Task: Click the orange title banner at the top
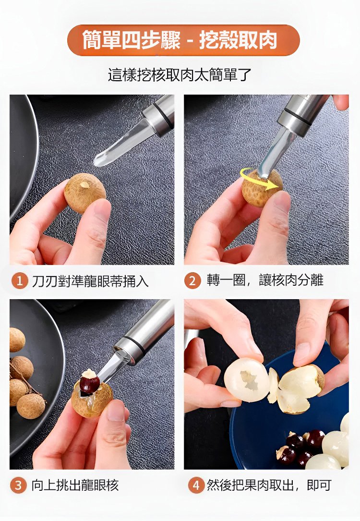click(183, 40)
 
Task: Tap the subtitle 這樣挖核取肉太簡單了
click(180, 75)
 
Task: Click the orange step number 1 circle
click(20, 281)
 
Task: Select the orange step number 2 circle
click(192, 281)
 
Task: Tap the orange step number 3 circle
click(19, 485)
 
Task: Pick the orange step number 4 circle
click(196, 485)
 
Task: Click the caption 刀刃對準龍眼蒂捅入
click(90, 281)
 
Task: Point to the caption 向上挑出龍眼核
click(75, 485)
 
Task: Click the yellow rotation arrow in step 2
click(259, 179)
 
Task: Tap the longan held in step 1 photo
click(84, 193)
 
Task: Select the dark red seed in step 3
click(89, 384)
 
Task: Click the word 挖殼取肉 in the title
click(238, 40)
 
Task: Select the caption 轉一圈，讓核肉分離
click(265, 280)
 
